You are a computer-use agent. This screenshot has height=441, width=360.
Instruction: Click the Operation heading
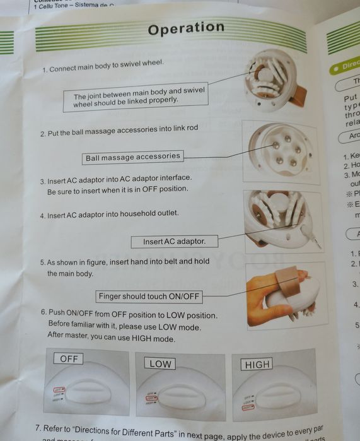pos(186,28)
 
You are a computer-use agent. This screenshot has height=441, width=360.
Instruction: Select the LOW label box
pos(160,363)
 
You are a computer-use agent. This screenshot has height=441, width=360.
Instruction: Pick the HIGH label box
pos(257,364)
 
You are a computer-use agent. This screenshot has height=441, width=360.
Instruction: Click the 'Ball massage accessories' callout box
pos(132,156)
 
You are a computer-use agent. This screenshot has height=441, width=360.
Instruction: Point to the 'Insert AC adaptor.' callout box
pos(175,241)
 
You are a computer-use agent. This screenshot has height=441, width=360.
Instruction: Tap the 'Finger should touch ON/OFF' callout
pos(149,296)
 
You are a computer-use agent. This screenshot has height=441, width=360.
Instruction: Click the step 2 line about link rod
pos(119,131)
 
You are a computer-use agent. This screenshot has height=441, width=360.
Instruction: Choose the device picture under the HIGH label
pos(274,391)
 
